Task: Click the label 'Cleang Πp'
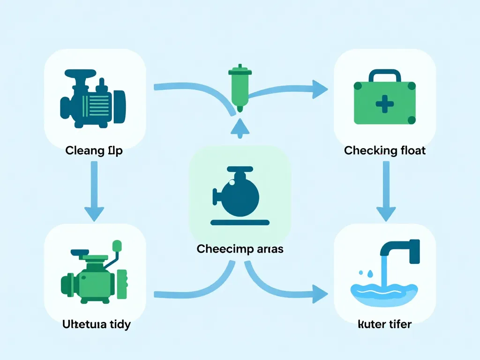click(x=94, y=151)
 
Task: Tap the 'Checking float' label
click(x=384, y=150)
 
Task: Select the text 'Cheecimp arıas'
click(x=240, y=248)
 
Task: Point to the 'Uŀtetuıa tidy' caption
click(x=96, y=324)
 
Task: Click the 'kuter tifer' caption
click(x=384, y=324)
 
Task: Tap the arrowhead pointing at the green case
click(x=320, y=89)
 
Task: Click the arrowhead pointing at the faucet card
click(x=320, y=294)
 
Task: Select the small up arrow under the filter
click(x=240, y=127)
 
